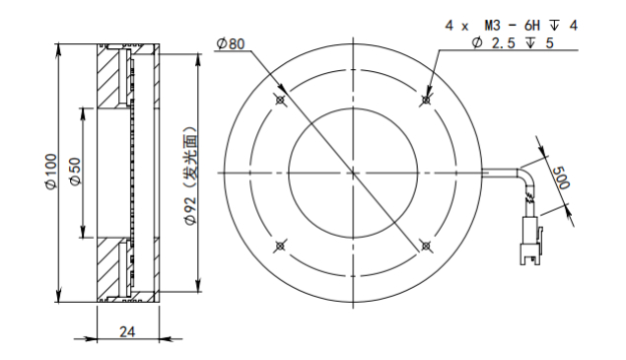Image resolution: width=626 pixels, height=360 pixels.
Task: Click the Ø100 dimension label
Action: click(x=51, y=171)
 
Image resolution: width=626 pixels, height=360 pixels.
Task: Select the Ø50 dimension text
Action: click(x=75, y=171)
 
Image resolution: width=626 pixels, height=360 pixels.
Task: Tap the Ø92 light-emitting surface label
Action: click(x=190, y=176)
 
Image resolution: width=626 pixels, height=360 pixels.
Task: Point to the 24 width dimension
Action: click(x=127, y=331)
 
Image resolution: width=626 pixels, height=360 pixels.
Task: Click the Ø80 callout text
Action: click(x=231, y=43)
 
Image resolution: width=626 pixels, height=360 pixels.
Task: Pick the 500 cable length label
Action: click(x=561, y=178)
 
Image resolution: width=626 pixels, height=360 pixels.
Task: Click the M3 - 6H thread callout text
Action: click(x=512, y=26)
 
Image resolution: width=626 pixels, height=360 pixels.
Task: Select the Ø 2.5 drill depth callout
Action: click(x=513, y=42)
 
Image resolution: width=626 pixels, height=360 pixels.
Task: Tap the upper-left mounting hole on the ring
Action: click(x=280, y=100)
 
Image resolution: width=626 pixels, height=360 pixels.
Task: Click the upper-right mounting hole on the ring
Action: click(x=426, y=100)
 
